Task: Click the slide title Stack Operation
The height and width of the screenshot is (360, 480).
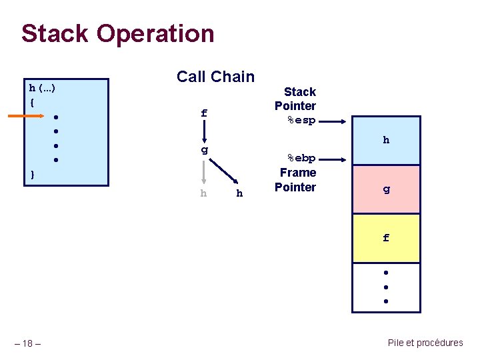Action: tap(117, 33)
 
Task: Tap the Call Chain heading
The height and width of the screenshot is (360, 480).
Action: tap(215, 77)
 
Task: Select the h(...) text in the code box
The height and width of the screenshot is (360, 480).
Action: tap(42, 87)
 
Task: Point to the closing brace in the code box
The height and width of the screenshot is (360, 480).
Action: tap(32, 175)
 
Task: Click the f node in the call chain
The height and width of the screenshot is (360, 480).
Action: tap(204, 114)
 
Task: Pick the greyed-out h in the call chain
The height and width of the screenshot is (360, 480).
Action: tap(203, 193)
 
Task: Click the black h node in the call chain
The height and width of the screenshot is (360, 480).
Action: tap(239, 193)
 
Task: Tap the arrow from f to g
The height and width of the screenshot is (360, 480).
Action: tap(204, 132)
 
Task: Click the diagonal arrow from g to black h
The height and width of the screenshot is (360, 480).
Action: tap(225, 171)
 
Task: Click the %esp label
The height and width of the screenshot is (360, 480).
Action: tap(301, 121)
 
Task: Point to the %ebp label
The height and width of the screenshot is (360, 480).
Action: tap(301, 159)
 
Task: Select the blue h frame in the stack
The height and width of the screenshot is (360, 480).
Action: tap(386, 141)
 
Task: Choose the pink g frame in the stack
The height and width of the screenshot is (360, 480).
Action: tap(386, 189)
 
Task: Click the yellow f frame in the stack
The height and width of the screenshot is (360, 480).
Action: tap(386, 237)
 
